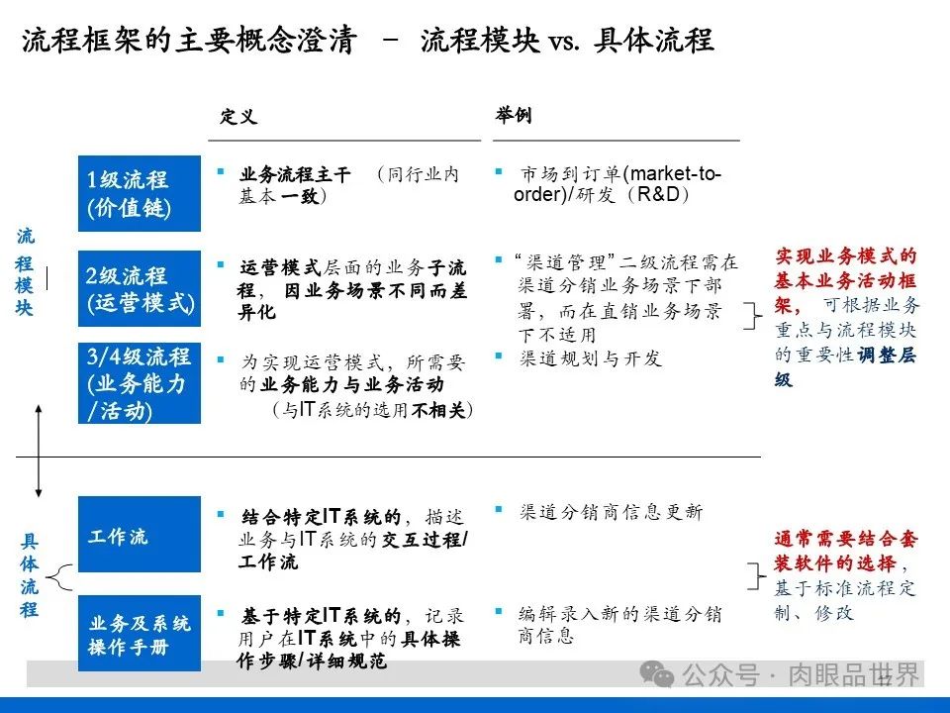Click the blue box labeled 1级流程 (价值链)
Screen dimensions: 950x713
click(139, 193)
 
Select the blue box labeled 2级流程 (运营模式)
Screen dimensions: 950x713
click(139, 289)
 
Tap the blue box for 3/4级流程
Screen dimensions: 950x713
click(139, 383)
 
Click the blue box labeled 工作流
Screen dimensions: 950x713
click(139, 536)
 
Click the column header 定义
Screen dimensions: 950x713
click(238, 117)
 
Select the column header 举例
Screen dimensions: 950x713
click(514, 116)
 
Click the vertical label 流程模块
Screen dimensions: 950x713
click(26, 273)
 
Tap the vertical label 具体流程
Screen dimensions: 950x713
click(29, 575)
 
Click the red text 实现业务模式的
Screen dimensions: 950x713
click(846, 256)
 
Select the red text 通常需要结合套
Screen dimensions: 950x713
click(846, 540)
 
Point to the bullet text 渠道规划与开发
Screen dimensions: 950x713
click(590, 358)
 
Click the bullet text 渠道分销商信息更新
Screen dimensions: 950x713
click(611, 512)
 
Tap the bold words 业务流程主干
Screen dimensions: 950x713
click(295, 175)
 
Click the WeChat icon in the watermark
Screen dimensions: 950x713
click(657, 674)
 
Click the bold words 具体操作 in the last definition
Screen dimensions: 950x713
click(430, 639)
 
